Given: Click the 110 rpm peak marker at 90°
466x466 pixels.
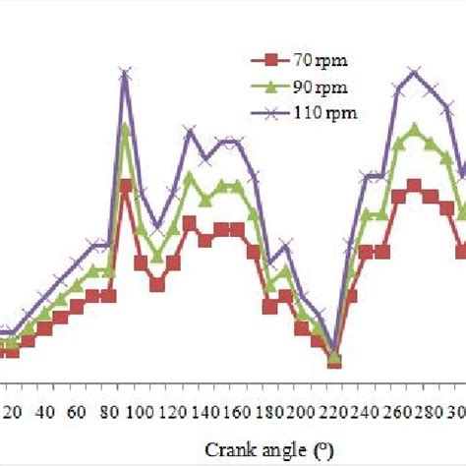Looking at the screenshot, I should pyautogui.click(x=126, y=74).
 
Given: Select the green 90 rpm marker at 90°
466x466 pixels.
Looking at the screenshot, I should pyautogui.click(x=126, y=128).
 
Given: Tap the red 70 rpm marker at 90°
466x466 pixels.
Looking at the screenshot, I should pyautogui.click(x=126, y=185).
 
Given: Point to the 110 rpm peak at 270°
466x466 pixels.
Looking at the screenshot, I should pyautogui.click(x=414, y=72).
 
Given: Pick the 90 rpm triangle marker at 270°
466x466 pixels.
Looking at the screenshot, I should pyautogui.click(x=414, y=128).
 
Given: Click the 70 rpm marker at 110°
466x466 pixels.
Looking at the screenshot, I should pyautogui.click(x=157, y=285).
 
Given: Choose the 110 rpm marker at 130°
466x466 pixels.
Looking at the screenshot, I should pyautogui.click(x=190, y=131).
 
